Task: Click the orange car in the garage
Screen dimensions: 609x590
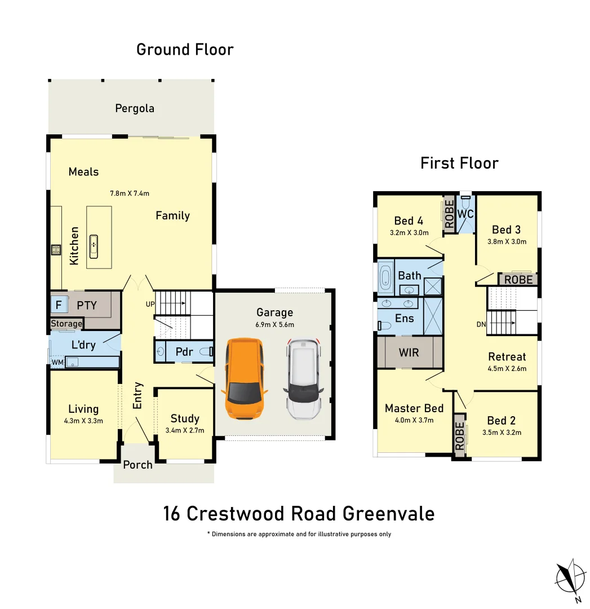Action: point(244,378)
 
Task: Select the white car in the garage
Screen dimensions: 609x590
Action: point(303,378)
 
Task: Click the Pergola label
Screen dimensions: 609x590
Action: point(135,108)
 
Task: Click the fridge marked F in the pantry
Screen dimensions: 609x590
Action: point(59,306)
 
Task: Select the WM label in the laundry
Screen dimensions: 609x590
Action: point(57,362)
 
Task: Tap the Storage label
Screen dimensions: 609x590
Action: point(66,324)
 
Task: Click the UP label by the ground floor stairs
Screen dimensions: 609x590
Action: point(150,304)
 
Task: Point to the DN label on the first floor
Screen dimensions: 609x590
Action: point(481,325)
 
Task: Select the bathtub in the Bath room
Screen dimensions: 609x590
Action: point(386,277)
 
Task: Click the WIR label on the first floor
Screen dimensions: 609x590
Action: point(409,352)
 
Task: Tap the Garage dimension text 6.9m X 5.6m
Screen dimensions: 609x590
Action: point(275,325)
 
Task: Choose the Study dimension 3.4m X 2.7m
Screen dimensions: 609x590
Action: point(185,430)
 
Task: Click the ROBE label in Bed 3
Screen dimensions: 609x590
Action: point(518,280)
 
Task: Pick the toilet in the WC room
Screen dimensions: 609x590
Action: point(465,223)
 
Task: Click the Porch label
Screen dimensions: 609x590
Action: point(138,465)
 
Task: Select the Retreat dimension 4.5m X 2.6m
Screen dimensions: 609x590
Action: point(507,369)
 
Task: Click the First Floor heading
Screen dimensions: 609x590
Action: point(459,164)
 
